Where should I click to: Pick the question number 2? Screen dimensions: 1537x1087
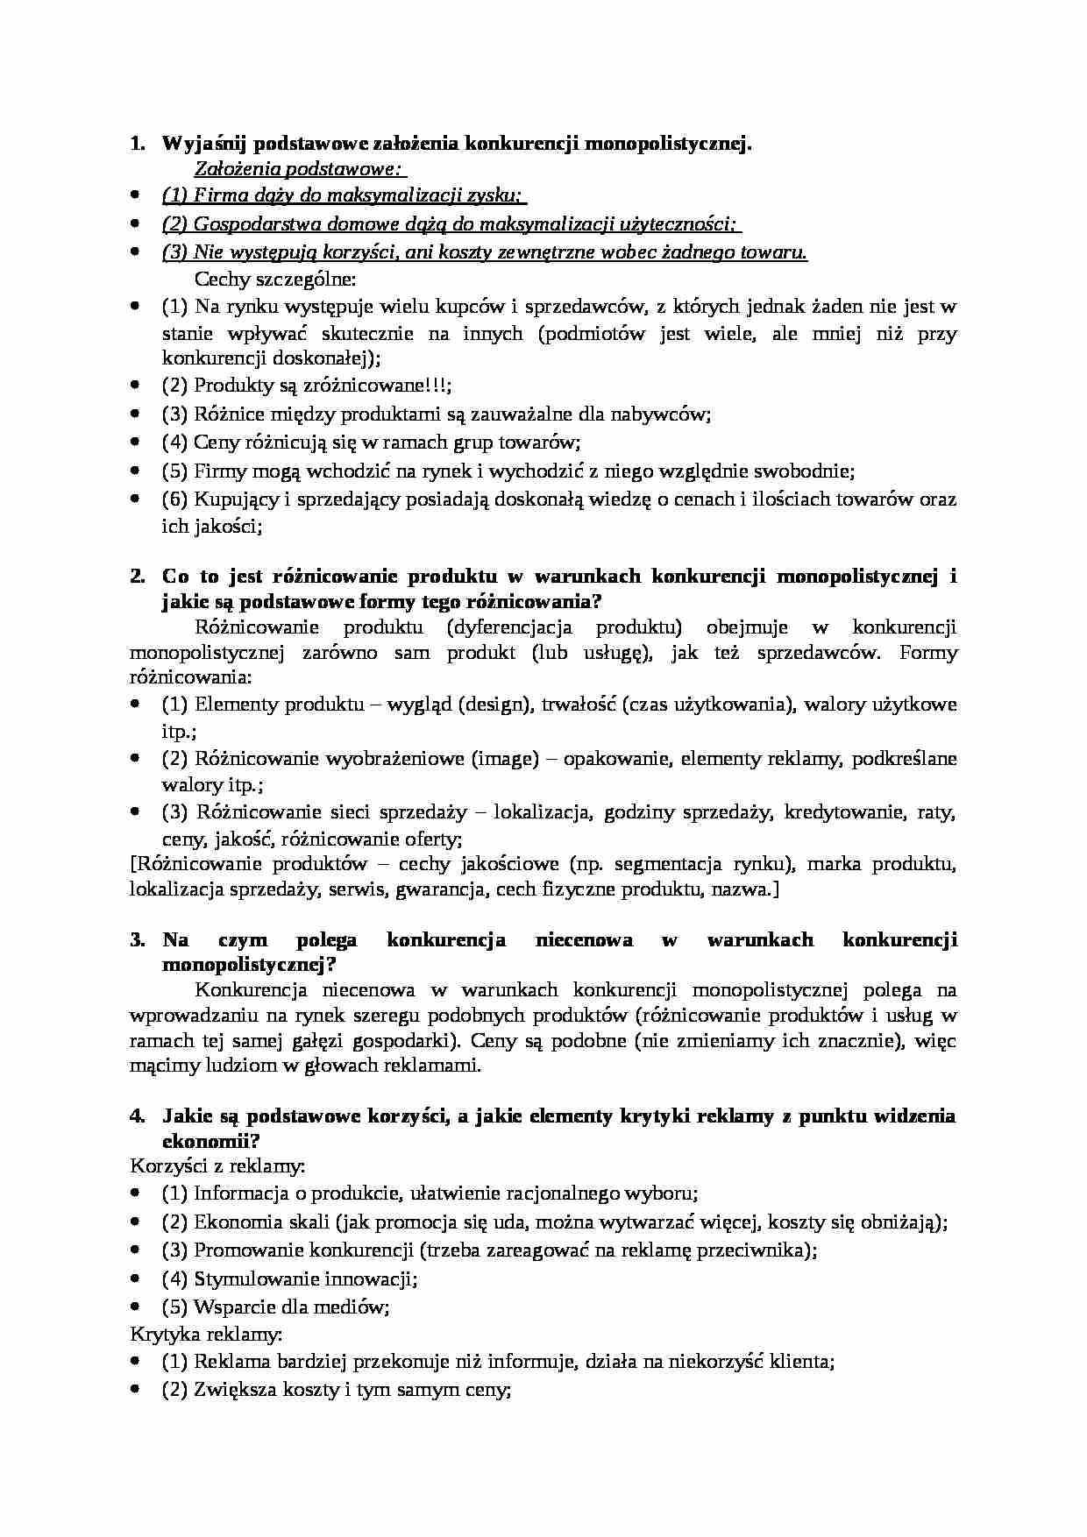pos(137,577)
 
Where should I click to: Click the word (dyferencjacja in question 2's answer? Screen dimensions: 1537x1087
pos(508,627)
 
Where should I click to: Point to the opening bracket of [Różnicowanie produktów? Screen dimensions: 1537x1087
pos(132,865)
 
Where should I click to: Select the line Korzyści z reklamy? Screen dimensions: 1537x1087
pos(217,1166)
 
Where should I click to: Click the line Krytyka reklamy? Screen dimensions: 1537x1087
pos(206,1335)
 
